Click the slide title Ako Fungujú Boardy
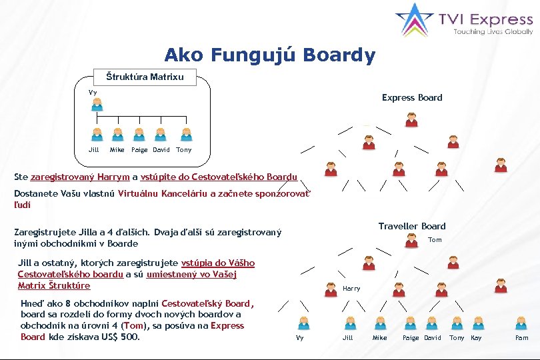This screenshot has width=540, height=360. [269, 55]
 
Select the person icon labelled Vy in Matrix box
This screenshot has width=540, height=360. [97, 105]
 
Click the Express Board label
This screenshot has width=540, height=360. [412, 97]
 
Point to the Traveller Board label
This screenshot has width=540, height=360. [412, 226]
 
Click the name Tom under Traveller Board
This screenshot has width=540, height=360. [435, 239]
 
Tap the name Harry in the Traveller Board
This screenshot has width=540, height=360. [351, 289]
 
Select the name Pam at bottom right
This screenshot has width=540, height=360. [522, 338]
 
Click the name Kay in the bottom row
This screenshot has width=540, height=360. [476, 338]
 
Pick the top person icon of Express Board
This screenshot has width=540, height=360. [412, 120]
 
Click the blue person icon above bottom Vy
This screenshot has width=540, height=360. [303, 323]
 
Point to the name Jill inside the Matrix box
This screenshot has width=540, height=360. [94, 150]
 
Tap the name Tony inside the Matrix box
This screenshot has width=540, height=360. [183, 150]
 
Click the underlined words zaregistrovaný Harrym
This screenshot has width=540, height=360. [80, 177]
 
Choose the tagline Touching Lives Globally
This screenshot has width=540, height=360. [493, 31]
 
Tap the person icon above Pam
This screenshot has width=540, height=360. [522, 323]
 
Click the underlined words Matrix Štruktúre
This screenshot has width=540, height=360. [54, 285]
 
